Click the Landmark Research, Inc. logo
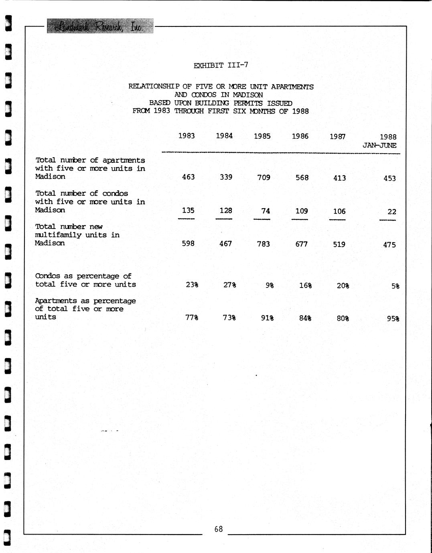(x=100, y=26)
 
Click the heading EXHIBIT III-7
(x=221, y=65)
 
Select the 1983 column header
(x=187, y=136)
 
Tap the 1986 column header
(x=300, y=136)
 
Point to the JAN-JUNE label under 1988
(x=379, y=145)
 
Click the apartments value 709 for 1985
(x=264, y=177)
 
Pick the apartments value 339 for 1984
(x=226, y=177)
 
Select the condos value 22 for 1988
(x=392, y=212)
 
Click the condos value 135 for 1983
(x=188, y=210)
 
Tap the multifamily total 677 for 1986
(x=301, y=244)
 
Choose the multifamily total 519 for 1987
(x=339, y=244)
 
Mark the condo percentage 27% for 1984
(x=229, y=285)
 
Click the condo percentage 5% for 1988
(x=395, y=286)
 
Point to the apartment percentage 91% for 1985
(x=267, y=318)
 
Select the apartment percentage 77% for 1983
(x=192, y=318)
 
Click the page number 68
(x=218, y=529)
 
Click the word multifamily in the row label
(x=59, y=235)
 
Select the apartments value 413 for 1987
(x=339, y=178)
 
